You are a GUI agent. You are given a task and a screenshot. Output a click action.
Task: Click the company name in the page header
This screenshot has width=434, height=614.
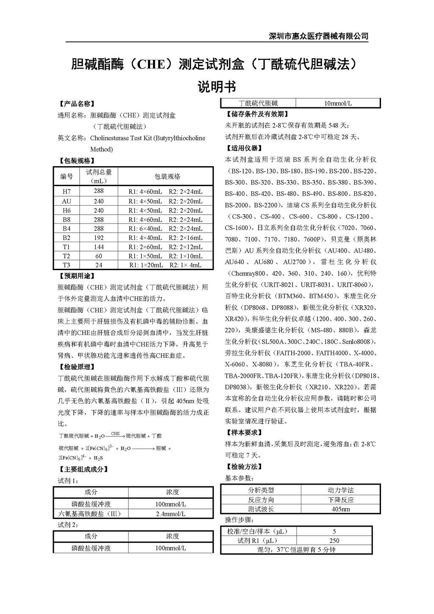click(x=319, y=36)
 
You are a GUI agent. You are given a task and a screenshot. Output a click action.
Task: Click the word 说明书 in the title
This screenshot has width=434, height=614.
click(x=217, y=87)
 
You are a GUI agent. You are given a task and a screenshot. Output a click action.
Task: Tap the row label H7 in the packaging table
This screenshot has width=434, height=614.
click(x=67, y=192)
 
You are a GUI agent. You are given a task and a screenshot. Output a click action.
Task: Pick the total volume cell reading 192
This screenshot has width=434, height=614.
click(x=99, y=238)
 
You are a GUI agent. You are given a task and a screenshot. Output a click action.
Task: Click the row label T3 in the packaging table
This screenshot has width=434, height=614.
click(x=67, y=265)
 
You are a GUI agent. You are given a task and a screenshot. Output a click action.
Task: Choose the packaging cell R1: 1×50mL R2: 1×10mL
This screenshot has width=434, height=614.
click(x=165, y=256)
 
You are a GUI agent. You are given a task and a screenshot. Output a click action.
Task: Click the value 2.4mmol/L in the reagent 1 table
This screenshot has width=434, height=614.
click(x=170, y=514)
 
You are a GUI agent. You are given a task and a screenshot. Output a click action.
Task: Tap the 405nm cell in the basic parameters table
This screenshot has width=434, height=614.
click(x=341, y=509)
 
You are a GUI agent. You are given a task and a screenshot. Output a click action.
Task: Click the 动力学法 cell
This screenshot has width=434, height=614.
click(x=341, y=490)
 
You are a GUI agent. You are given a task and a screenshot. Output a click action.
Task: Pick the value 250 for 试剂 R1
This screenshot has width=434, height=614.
click(x=334, y=541)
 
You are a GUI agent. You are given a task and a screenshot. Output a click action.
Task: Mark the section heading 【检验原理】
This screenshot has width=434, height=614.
click(x=75, y=367)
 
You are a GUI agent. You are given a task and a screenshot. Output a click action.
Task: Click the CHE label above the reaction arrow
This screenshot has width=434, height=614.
click(x=115, y=434)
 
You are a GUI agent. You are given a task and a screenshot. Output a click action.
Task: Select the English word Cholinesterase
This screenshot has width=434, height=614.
click(x=110, y=138)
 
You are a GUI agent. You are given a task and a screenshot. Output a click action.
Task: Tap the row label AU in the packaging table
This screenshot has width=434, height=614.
click(x=67, y=201)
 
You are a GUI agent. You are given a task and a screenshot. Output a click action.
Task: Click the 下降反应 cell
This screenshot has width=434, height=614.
click(x=341, y=500)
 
